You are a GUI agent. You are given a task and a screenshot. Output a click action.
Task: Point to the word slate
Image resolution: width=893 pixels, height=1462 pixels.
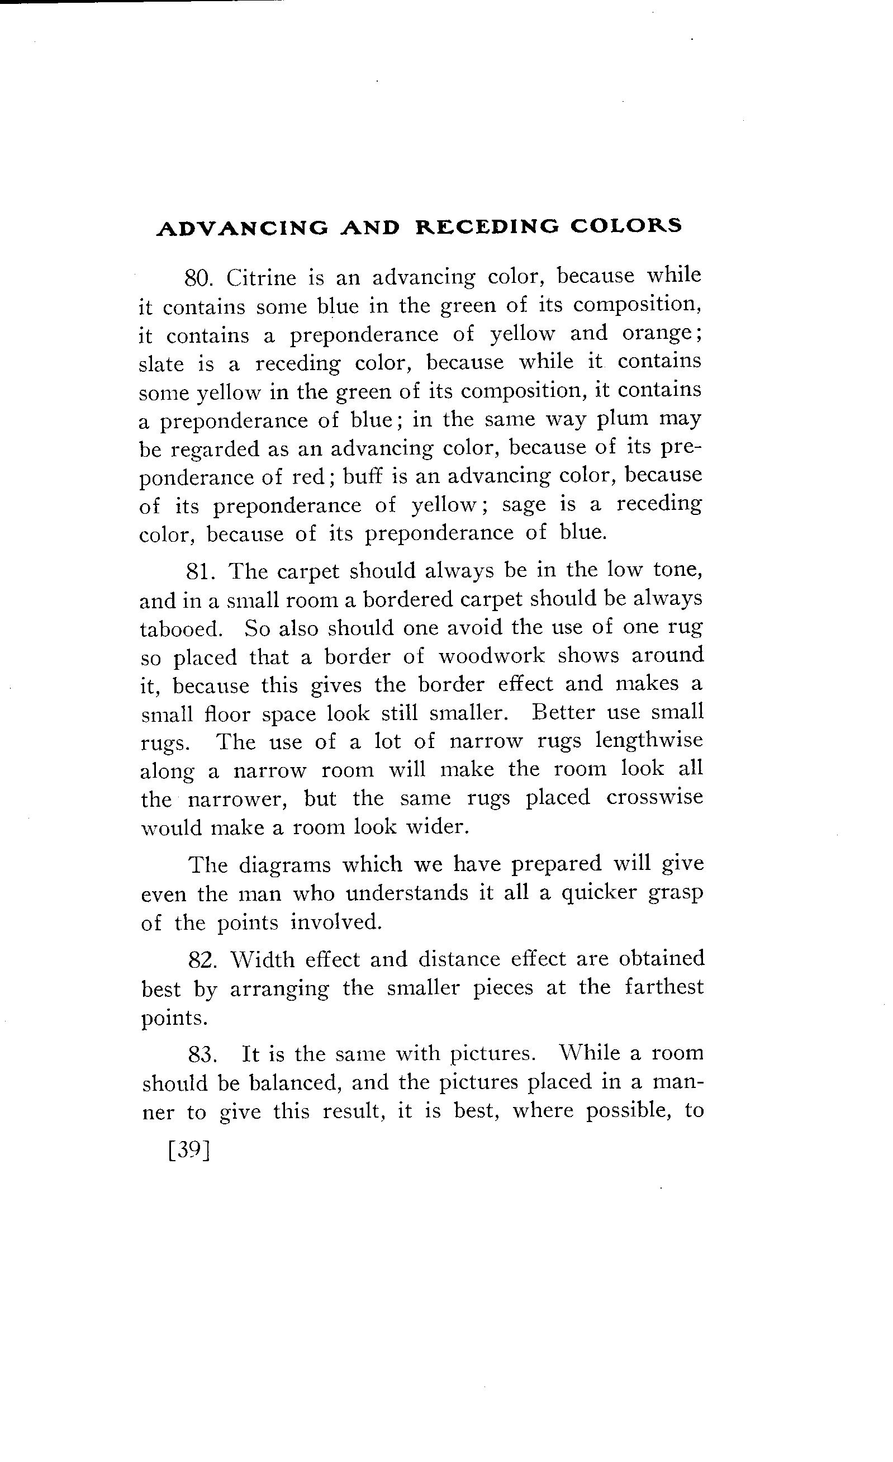[161, 364]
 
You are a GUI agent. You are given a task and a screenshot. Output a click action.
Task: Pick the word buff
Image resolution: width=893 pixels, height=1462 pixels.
[363, 476]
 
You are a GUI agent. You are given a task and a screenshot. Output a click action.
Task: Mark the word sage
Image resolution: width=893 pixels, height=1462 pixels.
[524, 505]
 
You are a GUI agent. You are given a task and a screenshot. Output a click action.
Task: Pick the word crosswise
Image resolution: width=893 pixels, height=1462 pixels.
[654, 798]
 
